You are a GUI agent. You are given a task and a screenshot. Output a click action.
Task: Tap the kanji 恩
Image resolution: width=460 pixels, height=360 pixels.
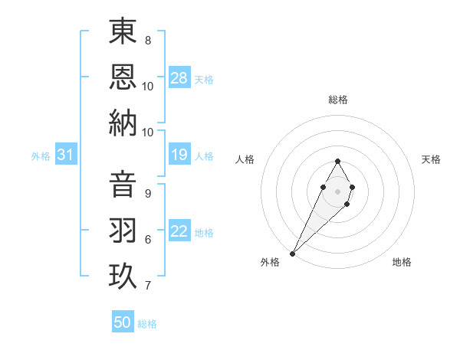point(123,76)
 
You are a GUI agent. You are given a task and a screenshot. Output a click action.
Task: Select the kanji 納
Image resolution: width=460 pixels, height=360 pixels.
point(123,123)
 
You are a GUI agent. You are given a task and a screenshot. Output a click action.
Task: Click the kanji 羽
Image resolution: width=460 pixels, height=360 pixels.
point(123,231)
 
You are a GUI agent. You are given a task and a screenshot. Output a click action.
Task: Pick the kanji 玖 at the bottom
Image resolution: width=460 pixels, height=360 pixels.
point(123,277)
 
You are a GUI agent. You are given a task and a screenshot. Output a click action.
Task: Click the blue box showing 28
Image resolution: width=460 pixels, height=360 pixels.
point(179,78)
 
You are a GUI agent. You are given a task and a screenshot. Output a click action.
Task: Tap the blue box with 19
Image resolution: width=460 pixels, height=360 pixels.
point(179,155)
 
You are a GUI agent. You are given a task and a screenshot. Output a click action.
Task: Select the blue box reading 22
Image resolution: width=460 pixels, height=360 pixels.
point(179,232)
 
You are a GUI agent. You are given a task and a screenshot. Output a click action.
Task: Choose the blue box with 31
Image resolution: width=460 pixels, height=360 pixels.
point(66,155)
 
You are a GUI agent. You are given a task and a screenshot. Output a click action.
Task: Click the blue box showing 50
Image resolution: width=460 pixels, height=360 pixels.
point(123,322)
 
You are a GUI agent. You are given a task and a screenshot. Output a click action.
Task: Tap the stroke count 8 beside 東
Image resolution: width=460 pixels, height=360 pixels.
point(148,40)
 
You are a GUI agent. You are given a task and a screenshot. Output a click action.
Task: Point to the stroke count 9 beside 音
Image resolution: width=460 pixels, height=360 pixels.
point(148,193)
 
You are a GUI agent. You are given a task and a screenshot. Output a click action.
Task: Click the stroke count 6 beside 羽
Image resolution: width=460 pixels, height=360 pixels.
point(148,240)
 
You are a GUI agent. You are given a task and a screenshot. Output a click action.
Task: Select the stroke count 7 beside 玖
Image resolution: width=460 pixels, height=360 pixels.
point(148,286)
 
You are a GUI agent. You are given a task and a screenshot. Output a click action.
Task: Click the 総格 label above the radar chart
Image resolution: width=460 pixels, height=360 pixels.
point(338,100)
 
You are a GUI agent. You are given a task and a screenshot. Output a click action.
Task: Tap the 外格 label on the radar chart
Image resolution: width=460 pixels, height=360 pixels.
point(270,262)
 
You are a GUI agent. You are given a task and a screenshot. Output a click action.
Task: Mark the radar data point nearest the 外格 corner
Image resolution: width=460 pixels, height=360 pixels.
point(293,253)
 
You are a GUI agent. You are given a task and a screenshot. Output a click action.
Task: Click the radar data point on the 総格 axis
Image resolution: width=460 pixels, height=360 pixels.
point(337,161)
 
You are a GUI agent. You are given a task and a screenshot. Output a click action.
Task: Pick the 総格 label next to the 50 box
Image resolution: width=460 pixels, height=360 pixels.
point(148,324)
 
